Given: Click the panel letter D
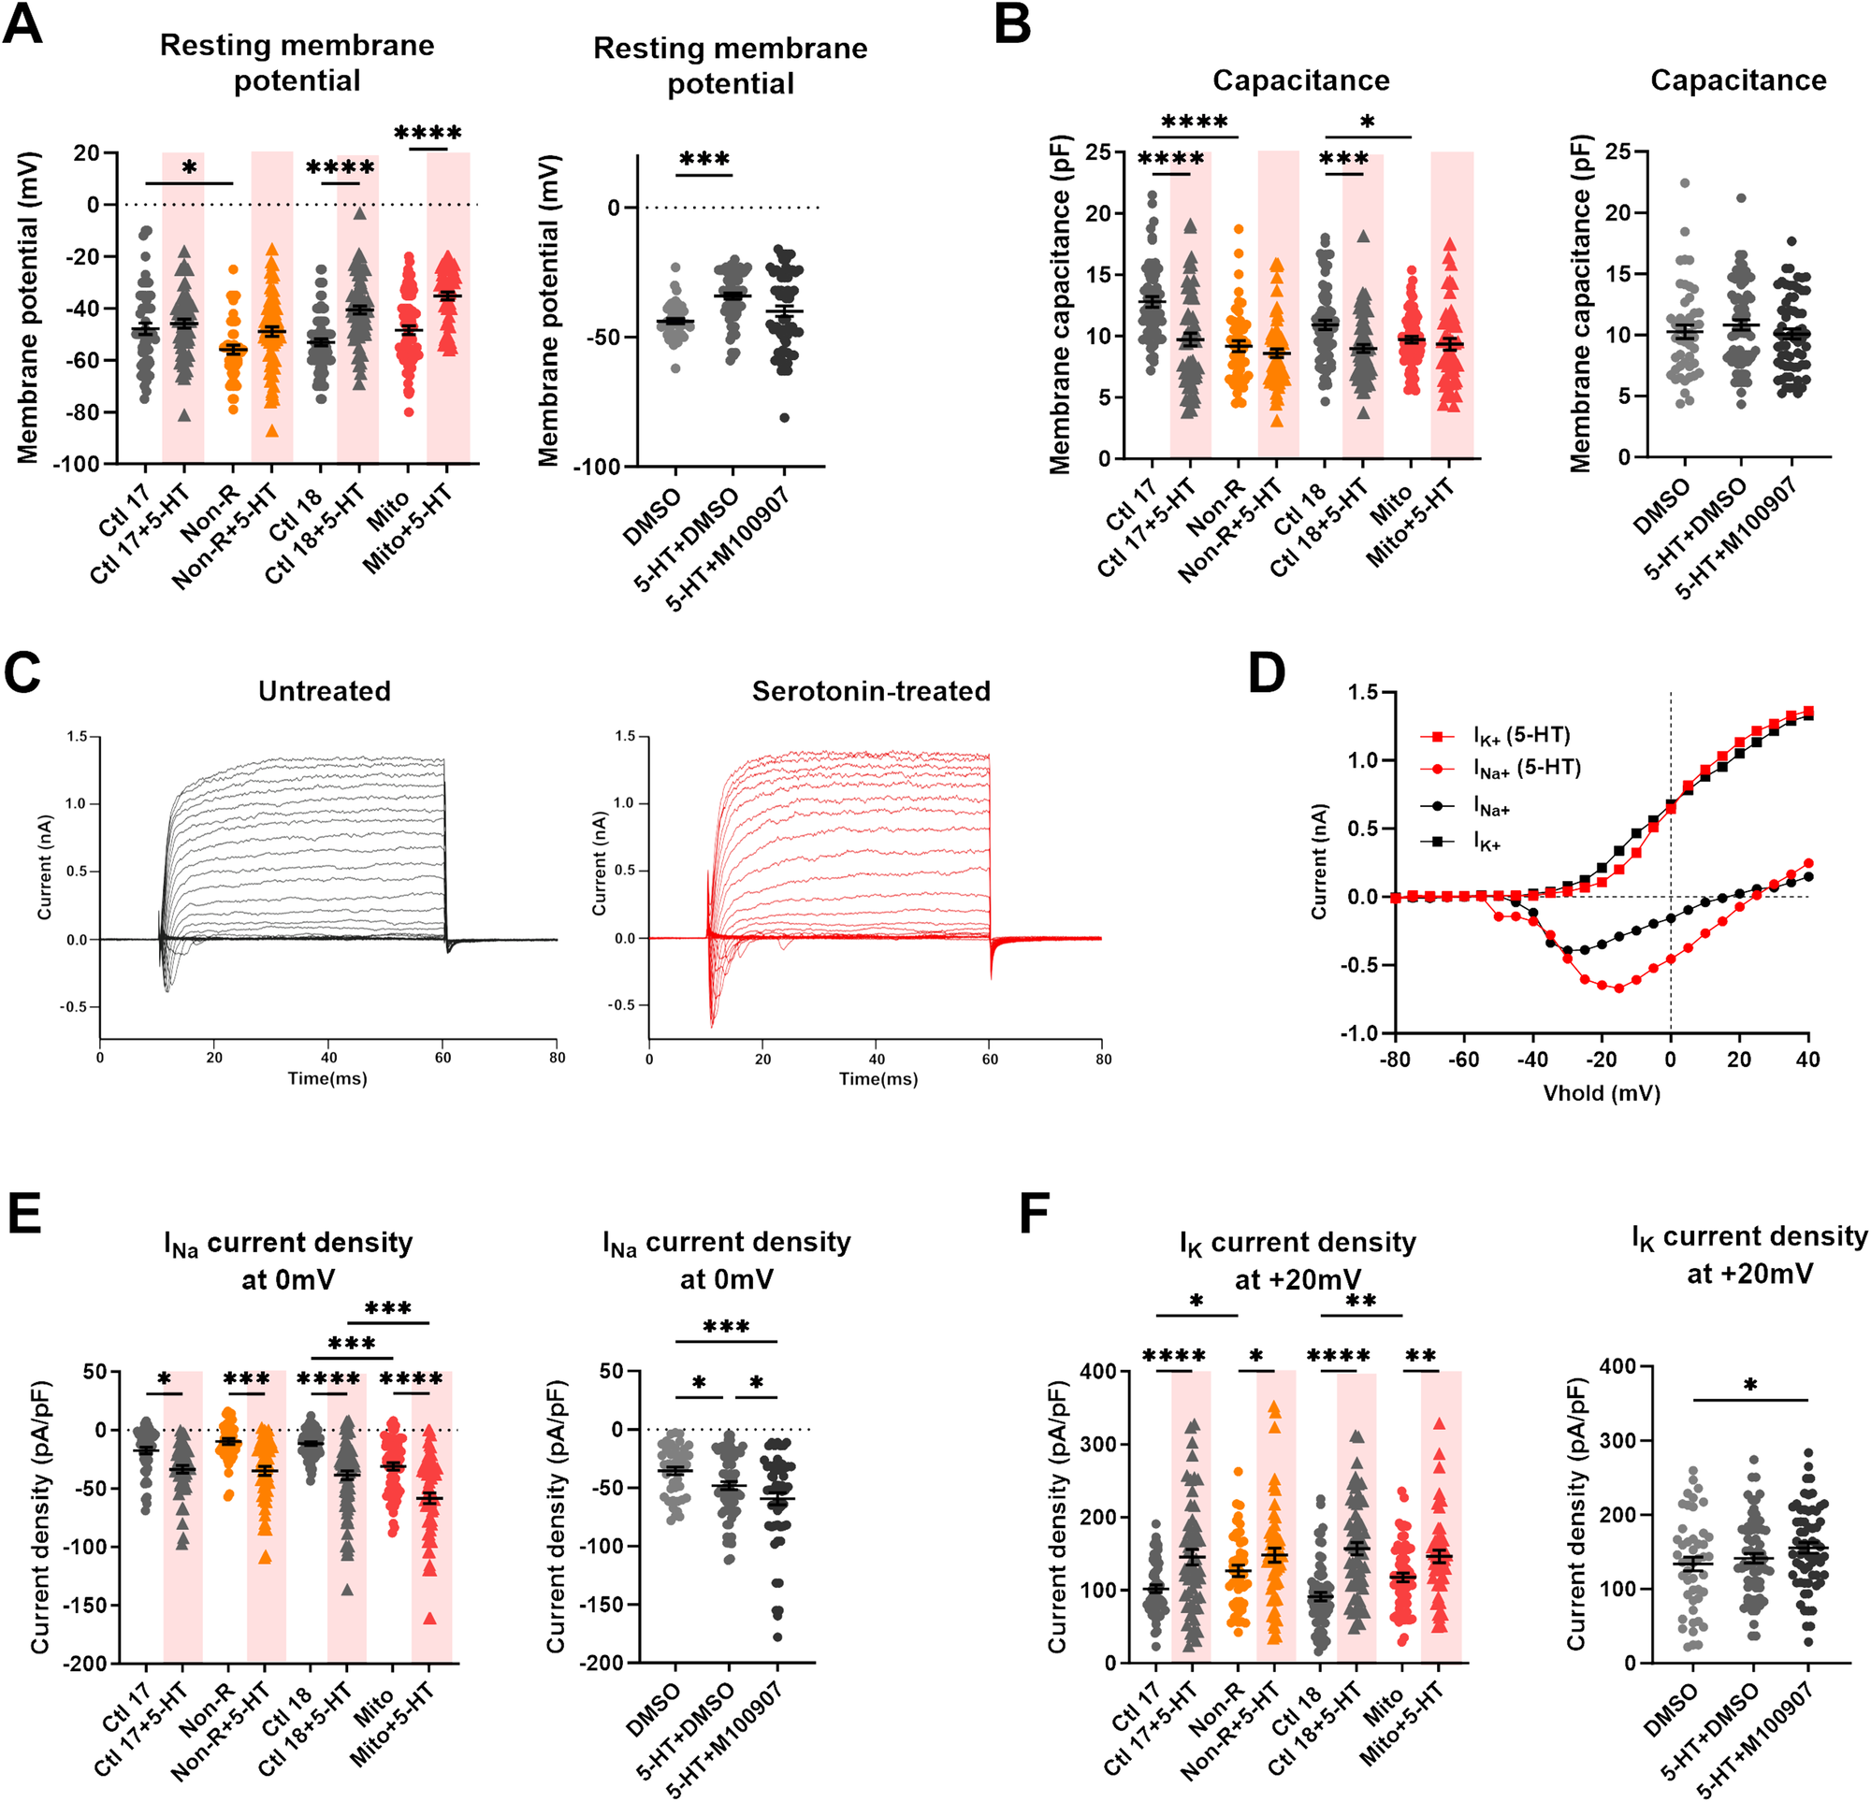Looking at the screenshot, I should pyautogui.click(x=1266, y=674).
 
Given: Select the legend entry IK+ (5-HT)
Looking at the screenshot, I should pyautogui.click(x=1522, y=735).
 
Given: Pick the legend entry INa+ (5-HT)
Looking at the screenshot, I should pyautogui.click(x=1527, y=769).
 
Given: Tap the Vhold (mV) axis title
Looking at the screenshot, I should pyautogui.click(x=1601, y=1094).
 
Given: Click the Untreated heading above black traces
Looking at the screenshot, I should pyautogui.click(x=325, y=691).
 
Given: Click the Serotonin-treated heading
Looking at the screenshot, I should pyautogui.click(x=871, y=691).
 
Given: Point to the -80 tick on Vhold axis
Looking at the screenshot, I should pyautogui.click(x=1395, y=1060).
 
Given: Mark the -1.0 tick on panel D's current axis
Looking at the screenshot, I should pyautogui.click(x=1362, y=1033).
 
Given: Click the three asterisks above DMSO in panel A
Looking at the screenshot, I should pyautogui.click(x=704, y=160).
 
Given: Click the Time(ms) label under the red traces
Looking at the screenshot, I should pyautogui.click(x=878, y=1078).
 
